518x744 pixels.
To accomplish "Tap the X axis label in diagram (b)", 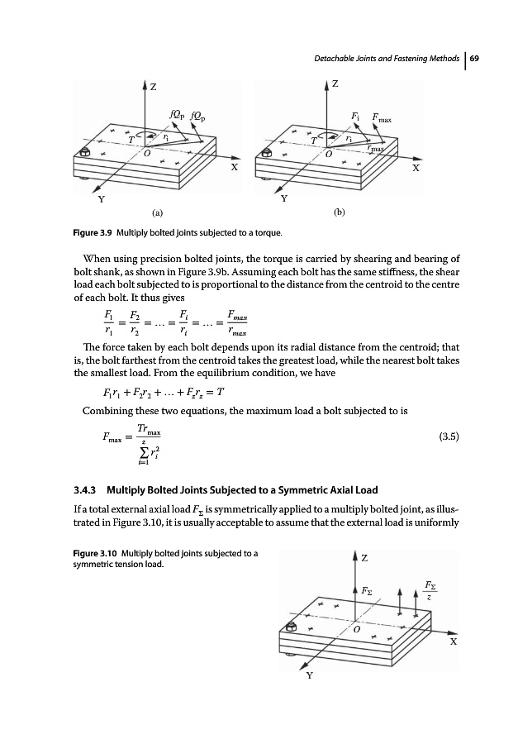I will [x=416, y=168].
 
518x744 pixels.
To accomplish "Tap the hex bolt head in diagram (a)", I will [x=85, y=153].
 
